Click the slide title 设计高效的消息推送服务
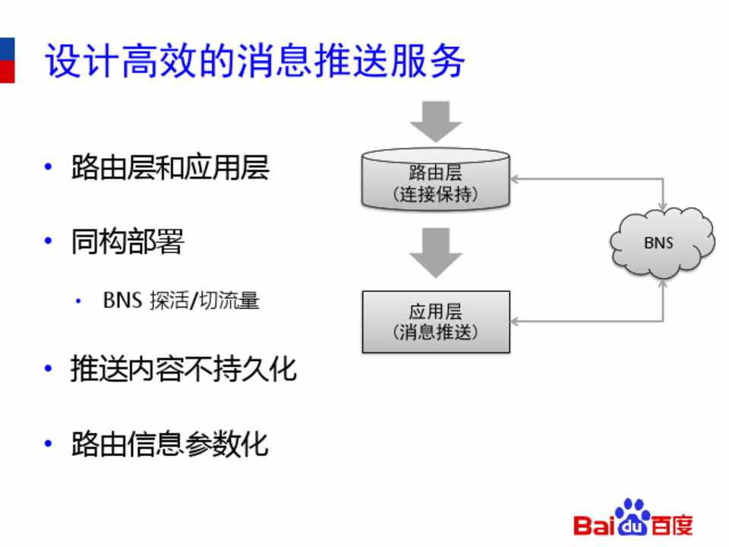(254, 62)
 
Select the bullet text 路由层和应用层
(170, 168)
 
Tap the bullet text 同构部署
(128, 242)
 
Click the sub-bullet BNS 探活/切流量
(181, 300)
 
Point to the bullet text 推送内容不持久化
(183, 369)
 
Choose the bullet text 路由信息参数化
(170, 444)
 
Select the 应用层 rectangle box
(435, 322)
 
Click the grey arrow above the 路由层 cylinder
(435, 120)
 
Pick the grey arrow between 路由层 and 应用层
(435, 251)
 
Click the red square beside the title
(6, 71)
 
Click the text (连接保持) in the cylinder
(435, 194)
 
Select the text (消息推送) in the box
(435, 334)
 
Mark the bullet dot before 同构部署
(49, 242)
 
